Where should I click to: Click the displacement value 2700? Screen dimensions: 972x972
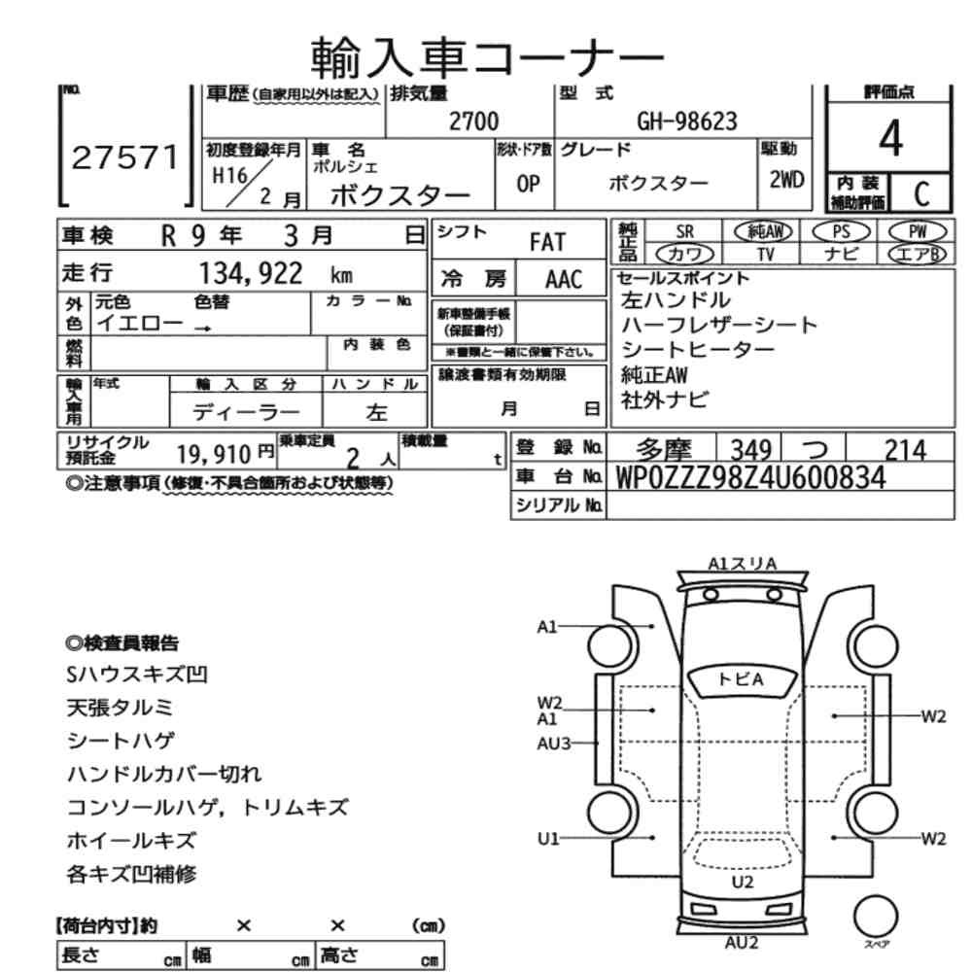click(473, 121)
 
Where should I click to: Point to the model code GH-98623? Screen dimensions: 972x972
click(686, 121)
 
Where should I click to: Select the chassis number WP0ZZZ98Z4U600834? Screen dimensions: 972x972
click(750, 477)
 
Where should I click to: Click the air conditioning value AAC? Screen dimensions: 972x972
click(563, 280)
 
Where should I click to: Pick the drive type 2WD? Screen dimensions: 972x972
click(785, 181)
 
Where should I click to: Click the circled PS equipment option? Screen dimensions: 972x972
click(841, 232)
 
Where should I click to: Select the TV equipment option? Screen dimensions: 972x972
click(765, 253)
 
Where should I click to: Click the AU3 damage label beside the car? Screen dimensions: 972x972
click(553, 743)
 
